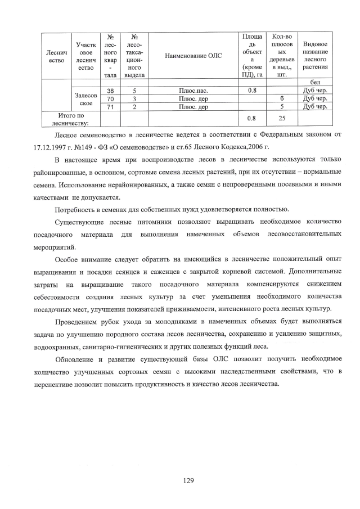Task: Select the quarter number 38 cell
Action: coord(110,90)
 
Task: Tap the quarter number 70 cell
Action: coord(110,98)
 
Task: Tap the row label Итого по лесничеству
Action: coord(67,118)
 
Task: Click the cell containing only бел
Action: coord(315,82)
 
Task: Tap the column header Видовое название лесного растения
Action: coord(315,56)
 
